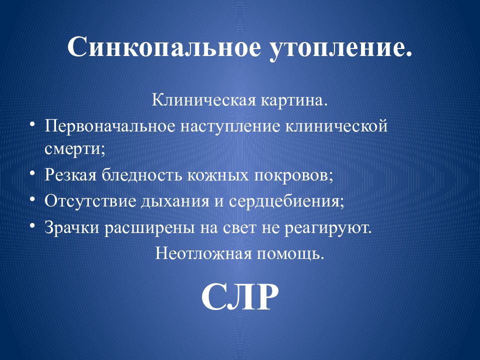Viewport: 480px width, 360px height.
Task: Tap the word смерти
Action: [74, 148]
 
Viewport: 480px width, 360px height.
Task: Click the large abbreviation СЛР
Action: [239, 297]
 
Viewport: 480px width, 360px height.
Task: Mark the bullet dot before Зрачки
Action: [32, 225]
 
